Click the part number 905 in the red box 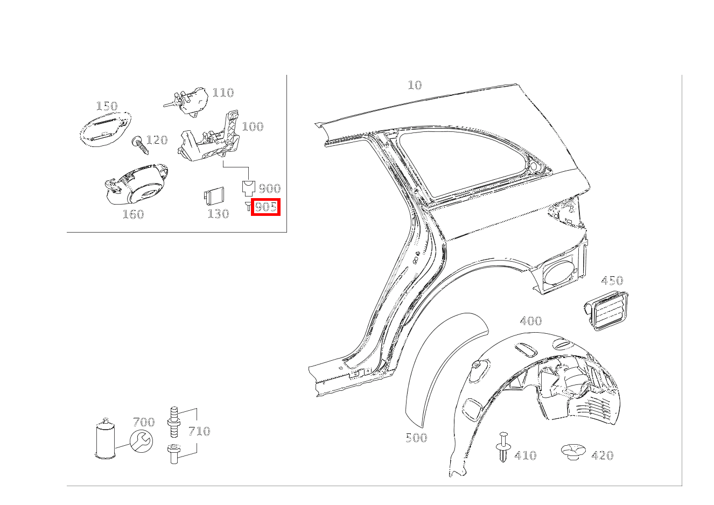pyautogui.click(x=266, y=207)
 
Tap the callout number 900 pyautogui.click(x=270, y=188)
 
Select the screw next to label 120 pyautogui.click(x=140, y=145)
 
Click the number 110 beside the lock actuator pyautogui.click(x=223, y=93)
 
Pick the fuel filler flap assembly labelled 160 pyautogui.click(x=136, y=185)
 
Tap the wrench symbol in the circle pyautogui.click(x=141, y=441)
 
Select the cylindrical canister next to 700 pyautogui.click(x=106, y=439)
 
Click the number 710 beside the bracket pyautogui.click(x=200, y=431)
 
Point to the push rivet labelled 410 pyautogui.click(x=503, y=447)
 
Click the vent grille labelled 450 pyautogui.click(x=606, y=311)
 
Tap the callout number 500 pyautogui.click(x=416, y=438)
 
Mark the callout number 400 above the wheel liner pyautogui.click(x=531, y=321)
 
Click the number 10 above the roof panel pyautogui.click(x=415, y=85)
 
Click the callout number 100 pyautogui.click(x=253, y=127)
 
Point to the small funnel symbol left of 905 pyautogui.click(x=248, y=206)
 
